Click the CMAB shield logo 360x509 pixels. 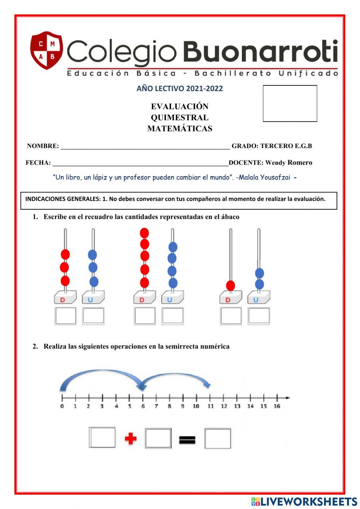[x=46, y=50]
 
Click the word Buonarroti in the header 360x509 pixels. [x=261, y=52]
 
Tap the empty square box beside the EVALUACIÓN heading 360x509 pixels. [x=290, y=103]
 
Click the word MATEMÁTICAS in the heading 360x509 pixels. [x=180, y=129]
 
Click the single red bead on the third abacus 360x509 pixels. [x=230, y=286]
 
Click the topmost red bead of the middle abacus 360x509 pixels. [x=144, y=233]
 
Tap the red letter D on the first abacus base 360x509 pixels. [x=63, y=300]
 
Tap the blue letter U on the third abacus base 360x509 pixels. [x=256, y=300]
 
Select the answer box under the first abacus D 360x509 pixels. [x=66, y=316]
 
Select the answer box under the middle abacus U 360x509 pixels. [x=173, y=316]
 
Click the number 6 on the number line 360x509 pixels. [x=143, y=406]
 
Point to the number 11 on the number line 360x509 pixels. [x=210, y=406]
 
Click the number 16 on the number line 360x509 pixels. [x=276, y=406]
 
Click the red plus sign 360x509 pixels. [x=131, y=438]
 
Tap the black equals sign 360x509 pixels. [x=187, y=439]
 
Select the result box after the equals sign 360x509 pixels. [x=217, y=438]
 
